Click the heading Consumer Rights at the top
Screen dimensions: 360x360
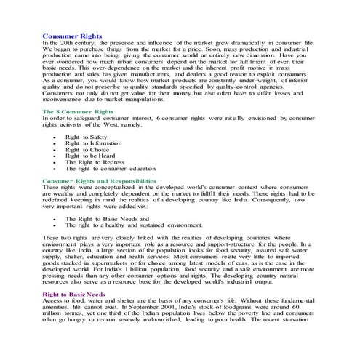[x=72, y=35]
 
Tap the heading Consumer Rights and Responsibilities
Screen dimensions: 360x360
[x=99, y=180]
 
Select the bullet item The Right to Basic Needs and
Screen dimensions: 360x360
[x=107, y=218]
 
